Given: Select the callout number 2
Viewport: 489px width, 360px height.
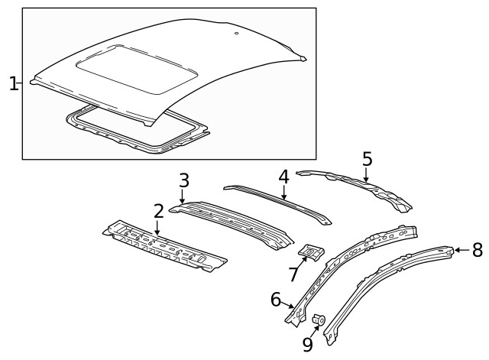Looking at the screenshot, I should tap(158, 212).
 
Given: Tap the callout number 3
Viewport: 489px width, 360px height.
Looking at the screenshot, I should tap(183, 181).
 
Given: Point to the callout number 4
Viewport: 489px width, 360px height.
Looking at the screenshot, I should tap(283, 177).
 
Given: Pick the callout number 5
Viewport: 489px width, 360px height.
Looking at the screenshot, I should tap(367, 159).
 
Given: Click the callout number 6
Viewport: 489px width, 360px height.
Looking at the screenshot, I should tap(277, 300).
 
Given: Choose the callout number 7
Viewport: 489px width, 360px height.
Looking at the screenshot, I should tap(293, 273).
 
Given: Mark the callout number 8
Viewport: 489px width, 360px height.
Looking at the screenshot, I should tap(478, 249).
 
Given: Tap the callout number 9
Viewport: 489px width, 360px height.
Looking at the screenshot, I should tap(307, 345).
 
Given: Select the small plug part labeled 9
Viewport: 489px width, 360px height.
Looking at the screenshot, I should tap(320, 319).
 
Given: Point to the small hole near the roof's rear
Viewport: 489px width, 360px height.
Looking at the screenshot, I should tap(236, 34).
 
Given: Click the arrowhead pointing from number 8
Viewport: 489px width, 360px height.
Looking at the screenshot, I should tap(458, 249).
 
